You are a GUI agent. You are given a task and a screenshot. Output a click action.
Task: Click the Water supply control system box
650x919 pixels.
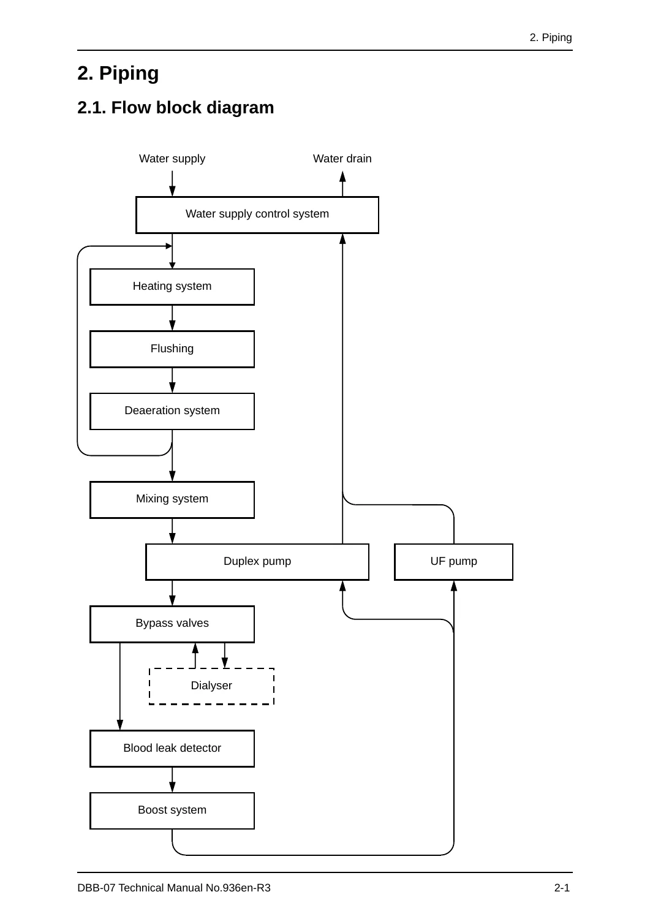257,215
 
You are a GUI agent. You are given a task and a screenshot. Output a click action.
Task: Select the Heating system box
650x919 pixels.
172,287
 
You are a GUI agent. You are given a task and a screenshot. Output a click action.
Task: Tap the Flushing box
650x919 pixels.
172,349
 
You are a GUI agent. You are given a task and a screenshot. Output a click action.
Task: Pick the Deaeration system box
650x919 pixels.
172,411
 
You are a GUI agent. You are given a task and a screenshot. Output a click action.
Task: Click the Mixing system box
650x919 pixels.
172,500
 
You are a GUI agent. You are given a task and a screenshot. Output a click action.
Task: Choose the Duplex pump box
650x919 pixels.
257,562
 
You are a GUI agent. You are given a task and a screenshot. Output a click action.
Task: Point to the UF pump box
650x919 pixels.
453,562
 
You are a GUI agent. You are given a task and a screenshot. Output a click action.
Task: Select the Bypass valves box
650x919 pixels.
172,624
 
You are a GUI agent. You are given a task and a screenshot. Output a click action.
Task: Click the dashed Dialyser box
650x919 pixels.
211,686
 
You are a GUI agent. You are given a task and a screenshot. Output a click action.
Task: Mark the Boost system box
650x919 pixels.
172,811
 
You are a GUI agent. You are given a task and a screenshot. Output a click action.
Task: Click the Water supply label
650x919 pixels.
172,159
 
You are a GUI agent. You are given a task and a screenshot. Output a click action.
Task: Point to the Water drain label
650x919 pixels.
342,159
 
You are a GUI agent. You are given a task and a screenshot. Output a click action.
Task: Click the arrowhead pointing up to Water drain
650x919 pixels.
342,177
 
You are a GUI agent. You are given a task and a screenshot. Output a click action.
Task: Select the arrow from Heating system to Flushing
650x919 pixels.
172,318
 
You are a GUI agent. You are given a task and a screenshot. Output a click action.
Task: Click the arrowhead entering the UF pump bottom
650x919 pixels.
454,586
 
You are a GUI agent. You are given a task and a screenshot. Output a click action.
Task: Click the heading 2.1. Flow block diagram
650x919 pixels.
176,107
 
